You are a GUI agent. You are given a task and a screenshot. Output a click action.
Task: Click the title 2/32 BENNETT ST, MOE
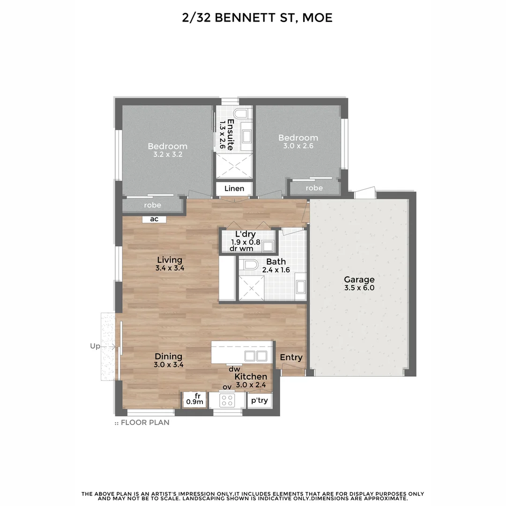point(257,18)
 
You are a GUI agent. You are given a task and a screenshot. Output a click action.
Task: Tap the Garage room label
point(359,280)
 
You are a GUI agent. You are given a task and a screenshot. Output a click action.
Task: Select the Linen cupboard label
point(234,188)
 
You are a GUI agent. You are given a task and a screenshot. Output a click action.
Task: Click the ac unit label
point(154,219)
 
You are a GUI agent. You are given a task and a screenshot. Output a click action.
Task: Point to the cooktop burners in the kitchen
point(227,400)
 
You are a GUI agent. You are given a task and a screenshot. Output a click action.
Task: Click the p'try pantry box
point(259,401)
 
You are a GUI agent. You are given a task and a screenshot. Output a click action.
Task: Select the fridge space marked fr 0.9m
point(195,399)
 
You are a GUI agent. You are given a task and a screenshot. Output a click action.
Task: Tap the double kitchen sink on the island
point(255,356)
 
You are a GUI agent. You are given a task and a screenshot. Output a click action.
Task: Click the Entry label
point(291,357)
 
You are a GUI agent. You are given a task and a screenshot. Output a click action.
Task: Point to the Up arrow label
point(95,346)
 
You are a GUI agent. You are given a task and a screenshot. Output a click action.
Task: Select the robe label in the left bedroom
point(152,205)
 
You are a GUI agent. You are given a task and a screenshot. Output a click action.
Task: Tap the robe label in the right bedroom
point(314,188)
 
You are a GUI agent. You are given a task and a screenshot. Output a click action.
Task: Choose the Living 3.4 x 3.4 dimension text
point(170,268)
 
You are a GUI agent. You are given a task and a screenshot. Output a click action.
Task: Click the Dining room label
point(168,357)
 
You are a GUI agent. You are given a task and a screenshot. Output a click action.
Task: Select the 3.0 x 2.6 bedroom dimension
point(298,146)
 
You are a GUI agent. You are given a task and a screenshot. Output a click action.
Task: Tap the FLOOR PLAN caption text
point(145,423)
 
